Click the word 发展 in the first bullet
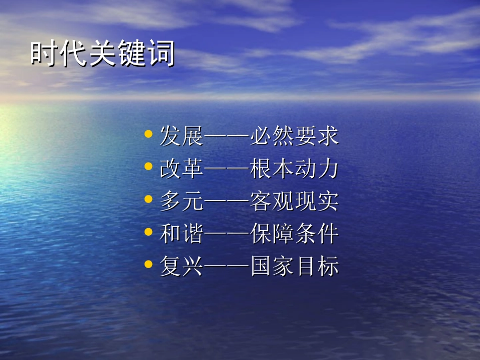181,136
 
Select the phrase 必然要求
294,136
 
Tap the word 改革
181,169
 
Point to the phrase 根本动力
294,169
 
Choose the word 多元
181,201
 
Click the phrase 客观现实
294,201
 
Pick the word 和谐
181,234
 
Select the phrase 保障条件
294,234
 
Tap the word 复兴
181,266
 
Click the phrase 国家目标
294,266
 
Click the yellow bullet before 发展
148,134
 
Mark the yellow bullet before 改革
148,167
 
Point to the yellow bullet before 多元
148,199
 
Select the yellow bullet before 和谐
148,232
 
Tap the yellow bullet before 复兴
148,264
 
